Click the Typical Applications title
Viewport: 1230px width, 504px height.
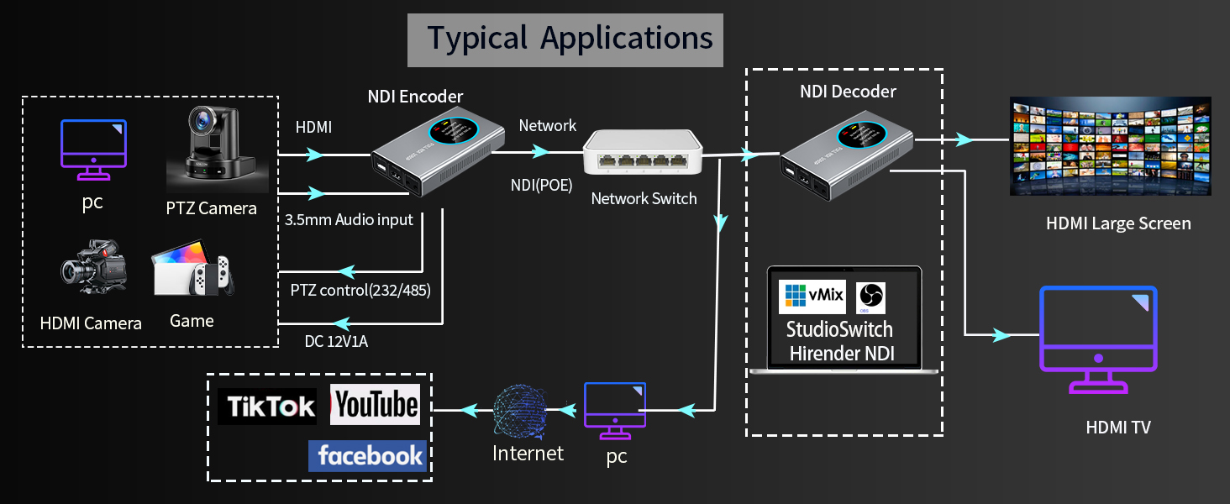(x=565, y=39)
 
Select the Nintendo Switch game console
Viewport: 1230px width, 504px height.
(x=192, y=274)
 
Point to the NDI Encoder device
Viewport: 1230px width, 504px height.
(x=437, y=158)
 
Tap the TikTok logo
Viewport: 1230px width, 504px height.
(x=267, y=407)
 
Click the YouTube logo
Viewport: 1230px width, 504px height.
(x=375, y=405)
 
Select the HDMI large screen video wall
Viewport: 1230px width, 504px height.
(x=1109, y=147)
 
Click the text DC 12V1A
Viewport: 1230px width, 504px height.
(x=336, y=341)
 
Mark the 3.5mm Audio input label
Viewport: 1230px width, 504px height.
(x=350, y=220)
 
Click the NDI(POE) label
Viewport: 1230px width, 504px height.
(x=541, y=186)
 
